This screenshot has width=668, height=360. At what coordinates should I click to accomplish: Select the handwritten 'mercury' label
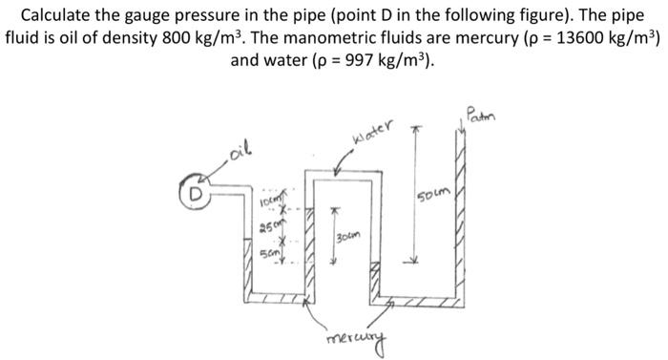tap(354, 338)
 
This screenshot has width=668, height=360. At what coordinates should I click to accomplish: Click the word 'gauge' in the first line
tap(162, 16)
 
